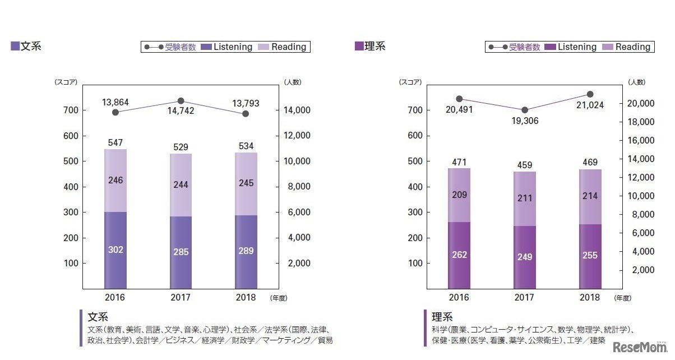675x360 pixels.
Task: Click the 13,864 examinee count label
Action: (115, 103)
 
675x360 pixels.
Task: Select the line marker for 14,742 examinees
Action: (181, 101)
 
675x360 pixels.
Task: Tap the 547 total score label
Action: (115, 144)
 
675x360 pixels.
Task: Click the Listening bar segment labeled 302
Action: (115, 250)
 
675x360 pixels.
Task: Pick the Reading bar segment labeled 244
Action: (181, 184)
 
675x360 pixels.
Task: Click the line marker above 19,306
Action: (525, 110)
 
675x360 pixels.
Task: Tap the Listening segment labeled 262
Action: (459, 255)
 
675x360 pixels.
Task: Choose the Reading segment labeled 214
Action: (590, 197)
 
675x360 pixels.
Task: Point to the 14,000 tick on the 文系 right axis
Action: (294, 110)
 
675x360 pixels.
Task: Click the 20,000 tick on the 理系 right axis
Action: (640, 103)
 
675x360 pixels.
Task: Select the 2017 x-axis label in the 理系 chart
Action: (525, 297)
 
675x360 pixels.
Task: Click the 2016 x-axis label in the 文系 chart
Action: (115, 297)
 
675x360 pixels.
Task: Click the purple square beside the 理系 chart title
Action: (359, 46)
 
